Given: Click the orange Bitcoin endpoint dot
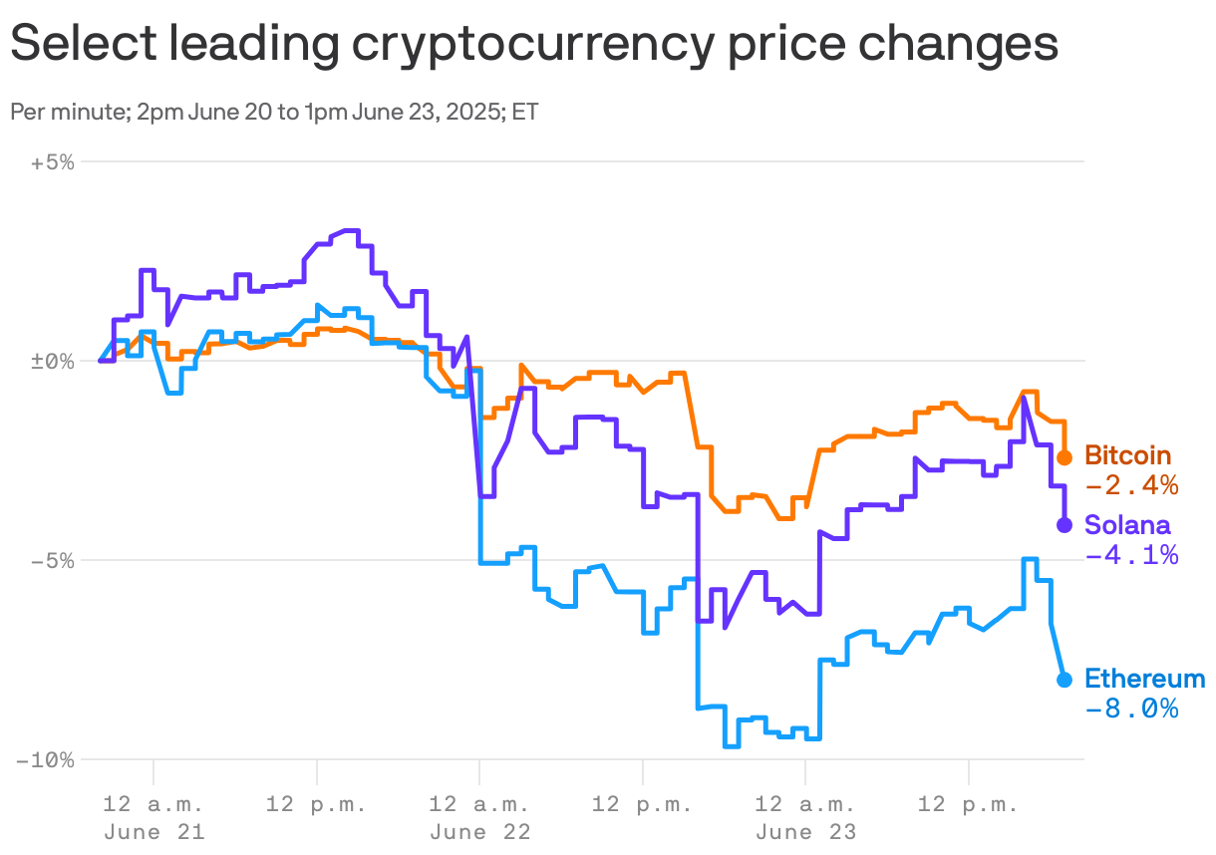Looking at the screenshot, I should click(1064, 457).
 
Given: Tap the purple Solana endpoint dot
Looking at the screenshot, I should click(1064, 525).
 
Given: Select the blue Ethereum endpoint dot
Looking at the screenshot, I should click(1064, 680).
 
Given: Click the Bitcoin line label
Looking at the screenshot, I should click(1127, 455).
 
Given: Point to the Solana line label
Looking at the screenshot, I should click(1127, 524).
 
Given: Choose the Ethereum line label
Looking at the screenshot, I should click(1144, 679).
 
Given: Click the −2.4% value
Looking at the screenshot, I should click(1131, 486).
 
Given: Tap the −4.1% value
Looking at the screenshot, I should click(1131, 555).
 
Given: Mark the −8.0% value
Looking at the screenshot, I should click(1131, 710).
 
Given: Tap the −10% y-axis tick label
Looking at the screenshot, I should click(46, 760).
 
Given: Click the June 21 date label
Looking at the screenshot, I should click(153, 832).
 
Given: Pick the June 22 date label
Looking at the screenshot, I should click(479, 832).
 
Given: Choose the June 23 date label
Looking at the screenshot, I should click(805, 832).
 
